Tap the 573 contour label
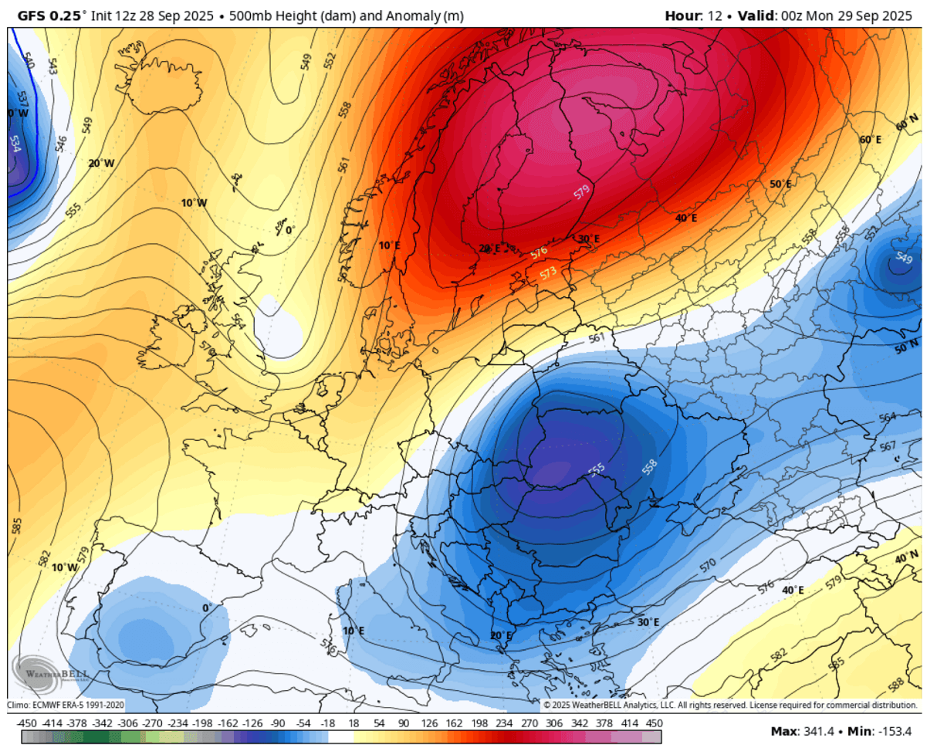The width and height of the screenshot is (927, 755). (548, 273)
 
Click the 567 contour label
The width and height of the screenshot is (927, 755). (888, 447)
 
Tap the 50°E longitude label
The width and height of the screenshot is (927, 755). (780, 185)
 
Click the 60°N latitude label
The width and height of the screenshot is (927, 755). (907, 121)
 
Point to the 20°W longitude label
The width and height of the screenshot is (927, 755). (100, 163)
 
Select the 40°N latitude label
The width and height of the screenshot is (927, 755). (906, 557)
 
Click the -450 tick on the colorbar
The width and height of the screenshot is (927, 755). (27, 723)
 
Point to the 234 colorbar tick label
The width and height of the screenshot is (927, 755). (505, 723)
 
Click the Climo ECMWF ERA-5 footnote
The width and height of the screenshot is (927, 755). (66, 704)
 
